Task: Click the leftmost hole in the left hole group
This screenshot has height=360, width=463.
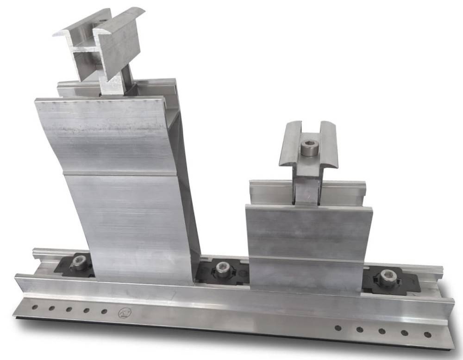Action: tap(33, 306)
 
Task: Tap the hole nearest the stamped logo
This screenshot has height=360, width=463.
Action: tap(104, 311)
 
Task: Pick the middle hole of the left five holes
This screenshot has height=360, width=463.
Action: tap(69, 309)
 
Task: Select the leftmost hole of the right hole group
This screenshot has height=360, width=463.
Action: tap(338, 328)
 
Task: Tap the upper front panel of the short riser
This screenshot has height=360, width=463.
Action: tap(308, 229)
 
